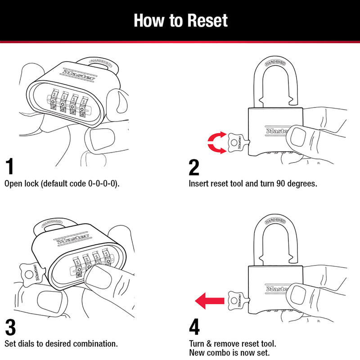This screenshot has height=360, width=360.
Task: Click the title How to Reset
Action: pos(180,21)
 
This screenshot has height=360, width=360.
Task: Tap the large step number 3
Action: pos(12,327)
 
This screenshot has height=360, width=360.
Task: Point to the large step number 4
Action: pos(194,327)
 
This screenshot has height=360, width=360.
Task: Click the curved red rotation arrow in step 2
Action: pos(216,143)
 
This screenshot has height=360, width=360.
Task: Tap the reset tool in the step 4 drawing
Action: pos(236,298)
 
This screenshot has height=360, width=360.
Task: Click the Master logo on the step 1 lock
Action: pos(78,74)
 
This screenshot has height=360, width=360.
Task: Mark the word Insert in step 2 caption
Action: pos(198,184)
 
